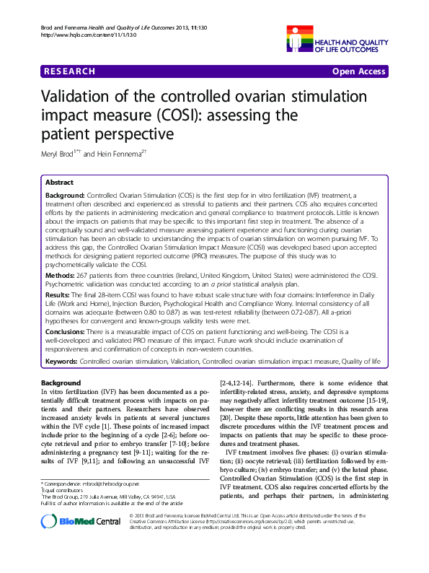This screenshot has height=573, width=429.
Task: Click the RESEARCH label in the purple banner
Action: (x=70, y=71)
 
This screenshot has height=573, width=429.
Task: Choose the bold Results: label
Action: (x=59, y=296)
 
